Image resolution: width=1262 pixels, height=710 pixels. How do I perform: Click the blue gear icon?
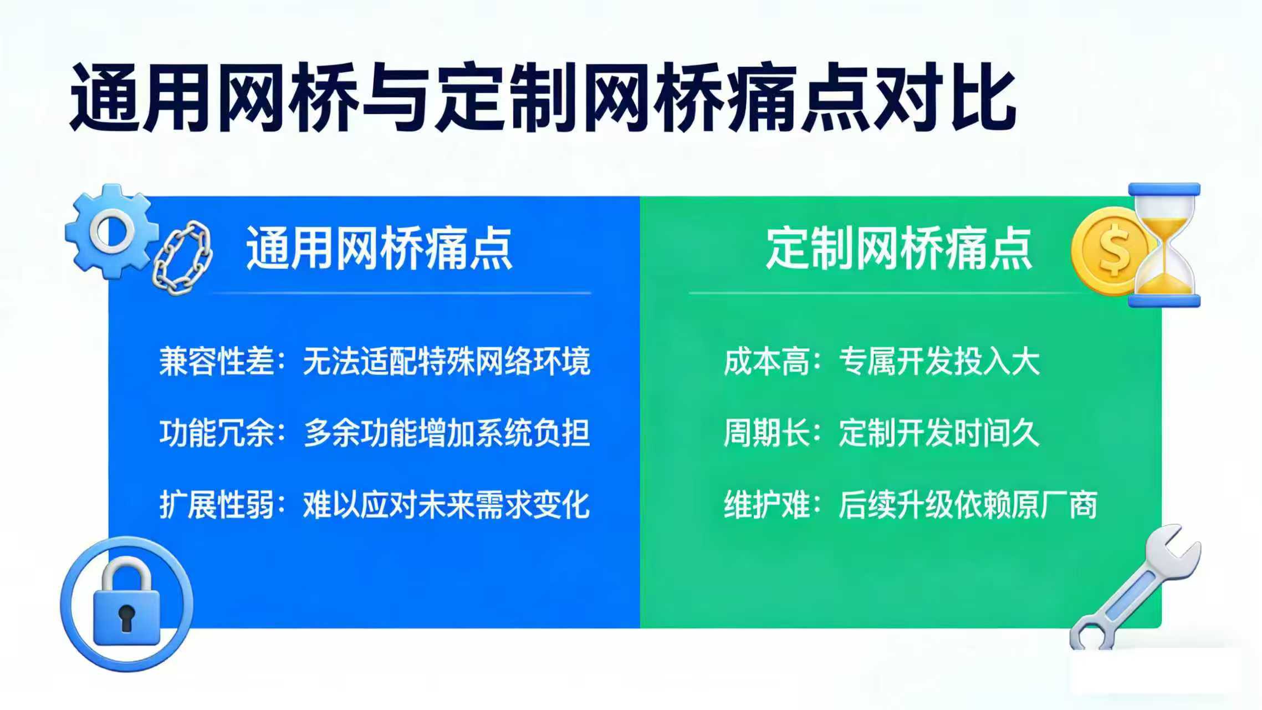pos(111,231)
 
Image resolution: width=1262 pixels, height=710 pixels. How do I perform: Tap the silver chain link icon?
pos(182,255)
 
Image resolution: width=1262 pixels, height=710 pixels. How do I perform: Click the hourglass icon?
pos(1164,245)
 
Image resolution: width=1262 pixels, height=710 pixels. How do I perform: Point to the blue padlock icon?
pos(126,605)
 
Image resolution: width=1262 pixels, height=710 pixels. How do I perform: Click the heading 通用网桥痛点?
pos(379,248)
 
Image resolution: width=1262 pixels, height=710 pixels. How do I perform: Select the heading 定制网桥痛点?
pos(899,248)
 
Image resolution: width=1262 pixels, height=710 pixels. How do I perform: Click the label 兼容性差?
pos(217,361)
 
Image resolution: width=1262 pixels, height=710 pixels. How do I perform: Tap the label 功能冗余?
pos(217,433)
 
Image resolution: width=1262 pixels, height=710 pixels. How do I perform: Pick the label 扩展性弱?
pos(217,504)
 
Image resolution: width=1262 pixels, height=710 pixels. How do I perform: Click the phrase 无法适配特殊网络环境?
pos(447,361)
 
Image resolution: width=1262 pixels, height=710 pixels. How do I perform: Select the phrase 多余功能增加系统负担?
pos(447,433)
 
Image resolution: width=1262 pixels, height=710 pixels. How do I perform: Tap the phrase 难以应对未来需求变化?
pos(447,504)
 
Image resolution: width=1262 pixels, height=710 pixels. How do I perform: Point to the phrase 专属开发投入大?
pos(939,361)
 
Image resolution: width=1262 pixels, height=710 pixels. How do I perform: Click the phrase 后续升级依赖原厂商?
pos(968,504)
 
